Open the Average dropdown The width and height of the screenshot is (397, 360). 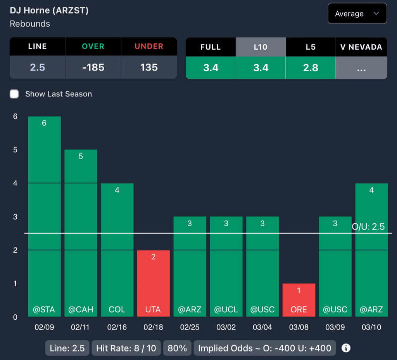[357, 14]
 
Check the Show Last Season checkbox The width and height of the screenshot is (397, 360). [14, 94]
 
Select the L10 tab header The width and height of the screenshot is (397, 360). [261, 47]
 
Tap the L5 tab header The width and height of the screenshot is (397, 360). [311, 47]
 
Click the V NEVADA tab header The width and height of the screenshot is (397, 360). [361, 47]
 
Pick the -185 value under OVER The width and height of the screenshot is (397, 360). [93, 67]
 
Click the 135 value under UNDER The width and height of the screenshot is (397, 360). [149, 67]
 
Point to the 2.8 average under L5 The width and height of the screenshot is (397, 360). [311, 68]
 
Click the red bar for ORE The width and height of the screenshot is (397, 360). [299, 300]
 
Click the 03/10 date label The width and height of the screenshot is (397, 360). [371, 327]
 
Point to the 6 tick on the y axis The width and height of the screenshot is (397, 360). [15, 116]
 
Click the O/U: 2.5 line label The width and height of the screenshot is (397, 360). [368, 227]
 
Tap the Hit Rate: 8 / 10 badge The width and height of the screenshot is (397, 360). [126, 348]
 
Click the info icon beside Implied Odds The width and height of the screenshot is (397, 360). [346, 348]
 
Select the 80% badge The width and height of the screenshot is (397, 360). [177, 348]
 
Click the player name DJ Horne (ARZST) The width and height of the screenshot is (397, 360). [49, 10]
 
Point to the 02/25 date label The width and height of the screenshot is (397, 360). [190, 327]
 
